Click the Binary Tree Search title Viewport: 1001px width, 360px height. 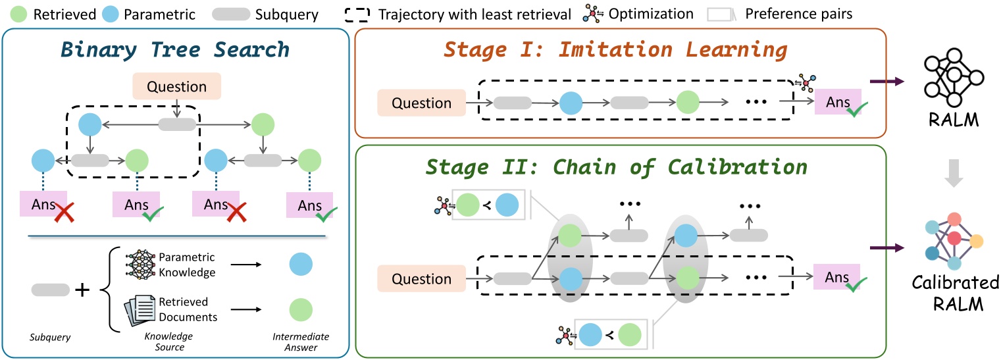pyautogui.click(x=174, y=50)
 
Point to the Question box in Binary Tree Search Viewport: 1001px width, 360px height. pyautogui.click(x=176, y=86)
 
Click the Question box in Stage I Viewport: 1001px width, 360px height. pyautogui.click(x=421, y=103)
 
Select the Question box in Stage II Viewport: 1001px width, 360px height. pyautogui.click(x=421, y=278)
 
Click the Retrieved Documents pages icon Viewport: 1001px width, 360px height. pyautogui.click(x=140, y=309)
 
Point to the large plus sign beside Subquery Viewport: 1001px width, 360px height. pyautogui.click(x=82, y=290)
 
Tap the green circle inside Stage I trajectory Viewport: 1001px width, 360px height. pyautogui.click(x=688, y=103)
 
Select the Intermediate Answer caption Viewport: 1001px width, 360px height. pyautogui.click(x=301, y=341)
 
